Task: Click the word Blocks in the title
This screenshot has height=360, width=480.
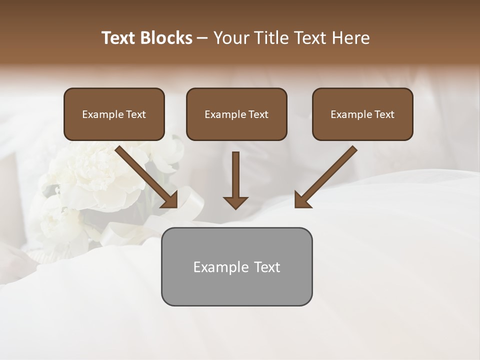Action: click(x=167, y=38)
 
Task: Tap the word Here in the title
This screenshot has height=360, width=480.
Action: click(x=350, y=38)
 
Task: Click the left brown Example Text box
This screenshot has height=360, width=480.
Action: click(x=114, y=114)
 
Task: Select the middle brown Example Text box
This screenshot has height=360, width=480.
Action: click(x=236, y=114)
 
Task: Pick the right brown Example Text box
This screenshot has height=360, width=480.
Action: click(x=362, y=114)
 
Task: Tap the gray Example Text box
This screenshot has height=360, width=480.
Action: click(x=236, y=266)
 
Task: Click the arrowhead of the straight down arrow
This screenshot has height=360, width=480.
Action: click(x=235, y=202)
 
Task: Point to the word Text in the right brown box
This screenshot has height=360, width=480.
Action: click(x=384, y=114)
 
